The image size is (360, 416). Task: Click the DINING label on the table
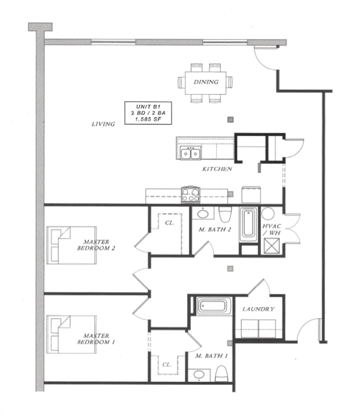[x=206, y=82]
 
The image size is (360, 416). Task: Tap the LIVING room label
[x=103, y=124]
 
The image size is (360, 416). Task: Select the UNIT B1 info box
[x=148, y=113]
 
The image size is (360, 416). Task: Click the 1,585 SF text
[x=148, y=120]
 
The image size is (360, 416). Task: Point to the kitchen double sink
[x=190, y=153]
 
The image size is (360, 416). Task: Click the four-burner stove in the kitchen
[x=190, y=194]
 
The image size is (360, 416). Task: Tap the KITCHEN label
[x=217, y=169]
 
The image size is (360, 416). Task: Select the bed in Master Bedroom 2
[x=71, y=245]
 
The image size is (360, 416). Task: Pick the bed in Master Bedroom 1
[x=71, y=334]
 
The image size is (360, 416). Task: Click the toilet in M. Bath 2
[x=225, y=214]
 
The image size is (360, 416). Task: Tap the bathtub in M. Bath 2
[x=248, y=224]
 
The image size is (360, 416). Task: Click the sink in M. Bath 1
[x=199, y=375]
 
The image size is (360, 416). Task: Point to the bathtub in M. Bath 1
[x=214, y=306]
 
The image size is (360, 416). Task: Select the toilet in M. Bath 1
[x=222, y=374]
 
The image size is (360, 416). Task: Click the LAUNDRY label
[x=259, y=309]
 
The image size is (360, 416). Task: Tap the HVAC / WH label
[x=272, y=230]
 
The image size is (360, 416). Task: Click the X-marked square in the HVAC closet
[x=272, y=246]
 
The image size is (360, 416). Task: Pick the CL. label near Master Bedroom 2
[x=170, y=223]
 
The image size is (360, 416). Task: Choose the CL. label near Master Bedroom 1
[x=167, y=365]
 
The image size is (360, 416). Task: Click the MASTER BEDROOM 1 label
[x=96, y=339]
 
